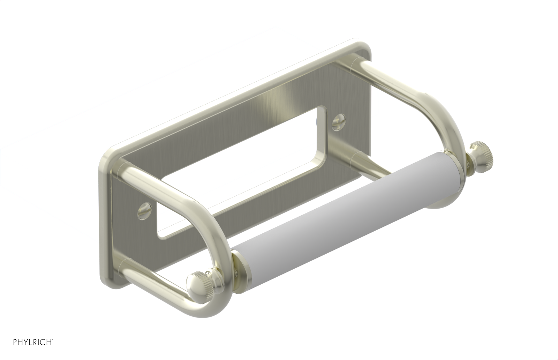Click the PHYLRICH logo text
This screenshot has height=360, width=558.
coord(33,342)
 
